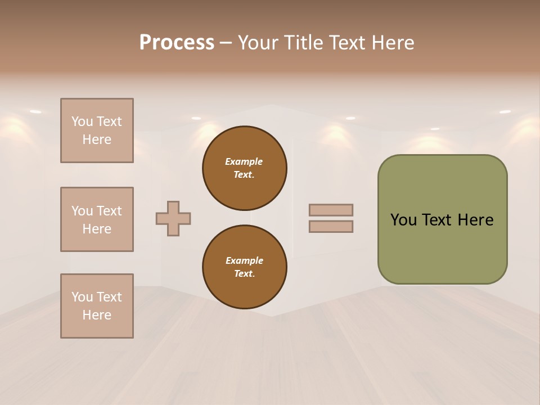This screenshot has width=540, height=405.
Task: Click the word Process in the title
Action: click(177, 43)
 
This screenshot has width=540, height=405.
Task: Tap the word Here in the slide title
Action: click(393, 43)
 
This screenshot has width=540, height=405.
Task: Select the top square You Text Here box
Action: click(97, 130)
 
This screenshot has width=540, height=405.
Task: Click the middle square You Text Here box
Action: click(97, 219)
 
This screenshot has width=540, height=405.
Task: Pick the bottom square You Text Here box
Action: click(97, 306)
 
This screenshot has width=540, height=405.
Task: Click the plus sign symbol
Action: click(173, 218)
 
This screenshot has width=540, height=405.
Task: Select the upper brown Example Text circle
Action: click(244, 168)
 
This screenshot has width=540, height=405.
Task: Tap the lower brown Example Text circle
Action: click(244, 267)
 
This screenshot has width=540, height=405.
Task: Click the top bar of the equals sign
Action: click(331, 210)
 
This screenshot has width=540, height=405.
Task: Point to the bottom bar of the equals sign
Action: click(331, 227)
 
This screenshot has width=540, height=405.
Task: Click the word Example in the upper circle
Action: click(244, 162)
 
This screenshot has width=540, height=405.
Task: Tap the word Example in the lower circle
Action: click(244, 261)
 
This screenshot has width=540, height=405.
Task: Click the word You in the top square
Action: click(82, 121)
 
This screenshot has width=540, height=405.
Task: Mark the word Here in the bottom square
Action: click(97, 315)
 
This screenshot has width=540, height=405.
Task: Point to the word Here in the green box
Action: click(475, 220)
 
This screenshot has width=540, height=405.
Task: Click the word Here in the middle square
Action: click(97, 229)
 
